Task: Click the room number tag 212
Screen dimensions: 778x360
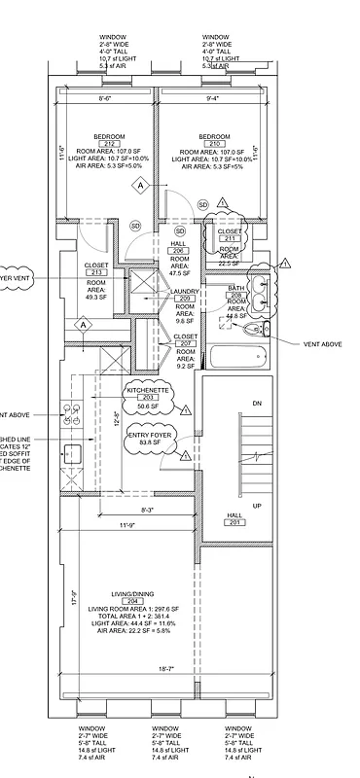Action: [108, 144]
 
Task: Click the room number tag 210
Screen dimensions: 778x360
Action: [213, 144]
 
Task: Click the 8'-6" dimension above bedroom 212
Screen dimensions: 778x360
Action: [105, 99]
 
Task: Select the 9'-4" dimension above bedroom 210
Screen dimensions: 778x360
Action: [214, 99]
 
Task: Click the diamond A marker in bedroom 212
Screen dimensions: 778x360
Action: [141, 185]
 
